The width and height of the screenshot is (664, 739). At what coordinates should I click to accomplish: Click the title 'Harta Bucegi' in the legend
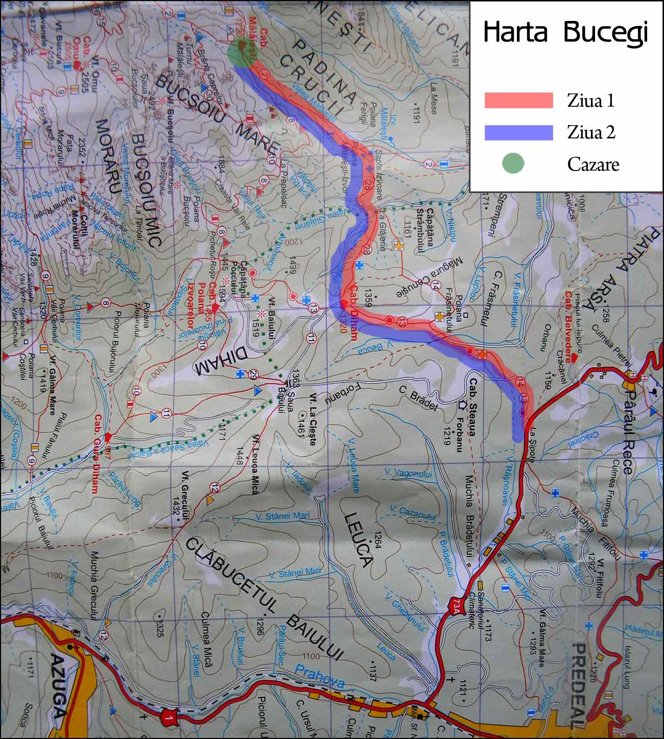click(565, 32)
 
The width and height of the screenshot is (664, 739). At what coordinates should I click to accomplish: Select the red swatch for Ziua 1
click(519, 100)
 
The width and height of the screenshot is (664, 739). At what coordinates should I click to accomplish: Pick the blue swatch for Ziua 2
click(519, 132)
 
